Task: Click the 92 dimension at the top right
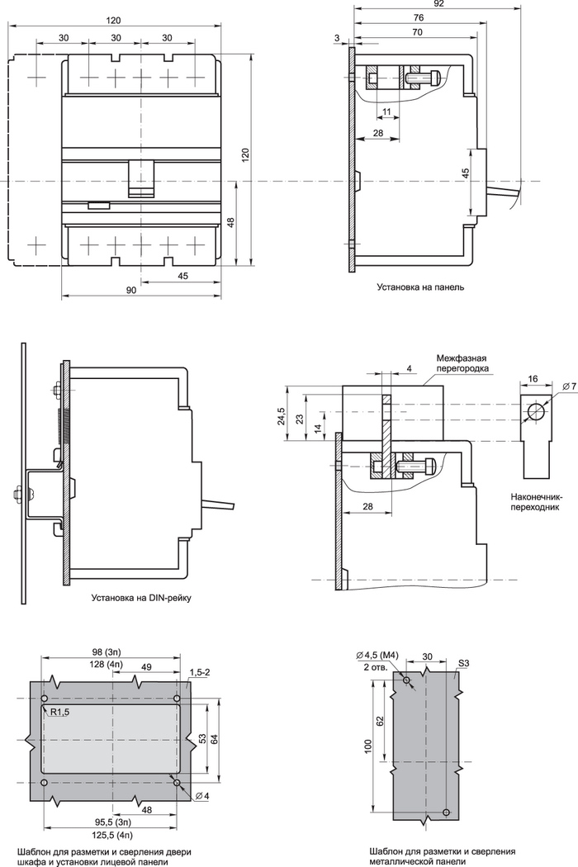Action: tap(439, 3)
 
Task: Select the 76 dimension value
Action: tap(419, 17)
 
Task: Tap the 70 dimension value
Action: tap(417, 32)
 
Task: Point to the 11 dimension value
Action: tap(386, 111)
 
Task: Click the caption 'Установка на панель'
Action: tap(420, 287)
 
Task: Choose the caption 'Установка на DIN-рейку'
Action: tap(141, 598)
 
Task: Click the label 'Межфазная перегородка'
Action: tap(462, 362)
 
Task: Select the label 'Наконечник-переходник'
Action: tap(535, 501)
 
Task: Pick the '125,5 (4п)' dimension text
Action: tap(112, 834)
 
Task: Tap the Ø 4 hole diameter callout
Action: tap(201, 796)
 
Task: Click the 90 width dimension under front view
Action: tap(131, 291)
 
